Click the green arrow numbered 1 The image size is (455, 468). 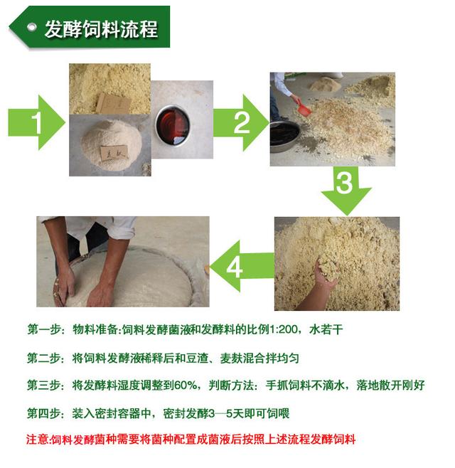click(x=36, y=122)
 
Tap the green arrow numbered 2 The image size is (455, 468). click(x=241, y=122)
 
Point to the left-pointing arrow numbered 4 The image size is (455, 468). click(x=242, y=266)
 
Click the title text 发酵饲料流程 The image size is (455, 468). click(x=101, y=29)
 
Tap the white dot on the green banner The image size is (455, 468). click(x=31, y=28)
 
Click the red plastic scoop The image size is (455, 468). click(x=304, y=109)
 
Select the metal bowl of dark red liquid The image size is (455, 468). click(x=173, y=124)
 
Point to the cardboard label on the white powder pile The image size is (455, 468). click(x=113, y=152)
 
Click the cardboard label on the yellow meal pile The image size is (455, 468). click(x=113, y=103)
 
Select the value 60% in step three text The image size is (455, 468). click(x=186, y=385)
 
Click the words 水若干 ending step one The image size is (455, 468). click(x=326, y=329)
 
